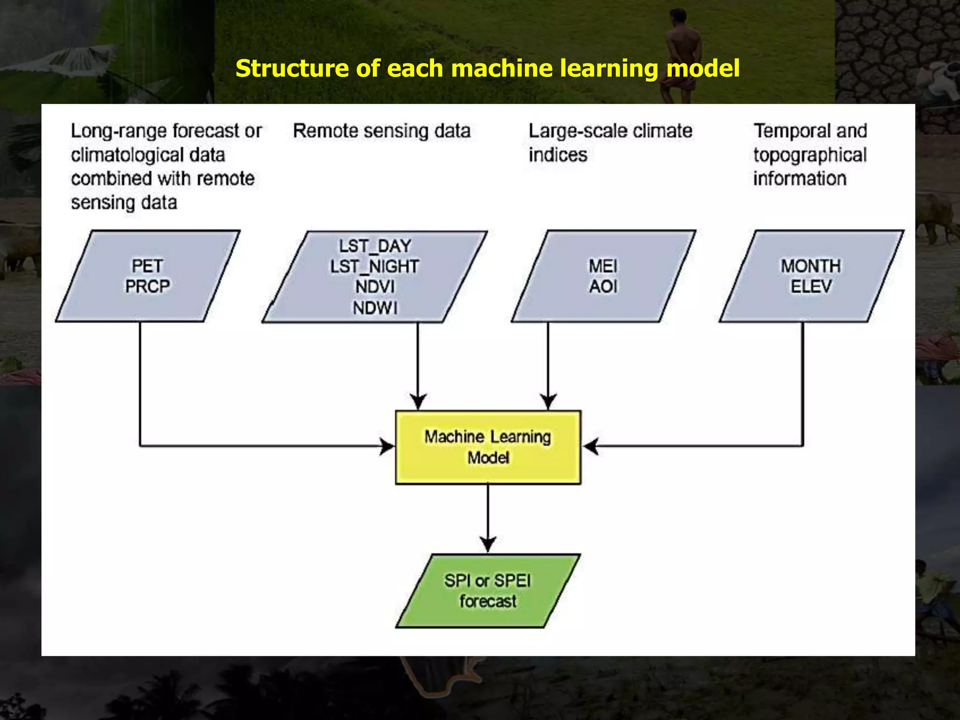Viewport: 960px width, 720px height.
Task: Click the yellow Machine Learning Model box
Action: click(488, 447)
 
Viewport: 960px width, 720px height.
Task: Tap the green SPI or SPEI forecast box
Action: click(488, 591)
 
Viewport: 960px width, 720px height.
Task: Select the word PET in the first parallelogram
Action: click(147, 266)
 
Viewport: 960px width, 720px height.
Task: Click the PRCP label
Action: click(147, 286)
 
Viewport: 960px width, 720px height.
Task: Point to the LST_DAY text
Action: click(375, 246)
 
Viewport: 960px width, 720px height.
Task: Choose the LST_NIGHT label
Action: click(374, 266)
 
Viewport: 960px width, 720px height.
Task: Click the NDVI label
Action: click(375, 286)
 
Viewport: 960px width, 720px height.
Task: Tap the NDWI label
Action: click(375, 308)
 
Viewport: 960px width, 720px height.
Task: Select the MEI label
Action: click(603, 266)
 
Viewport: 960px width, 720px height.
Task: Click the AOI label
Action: click(603, 286)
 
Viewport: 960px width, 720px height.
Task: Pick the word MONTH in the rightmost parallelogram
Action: click(810, 266)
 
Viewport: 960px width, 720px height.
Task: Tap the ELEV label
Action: click(811, 286)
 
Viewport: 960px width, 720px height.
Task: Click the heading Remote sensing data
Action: click(382, 131)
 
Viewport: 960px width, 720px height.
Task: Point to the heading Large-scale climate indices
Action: click(610, 142)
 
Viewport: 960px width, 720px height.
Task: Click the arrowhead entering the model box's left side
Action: click(387, 446)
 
